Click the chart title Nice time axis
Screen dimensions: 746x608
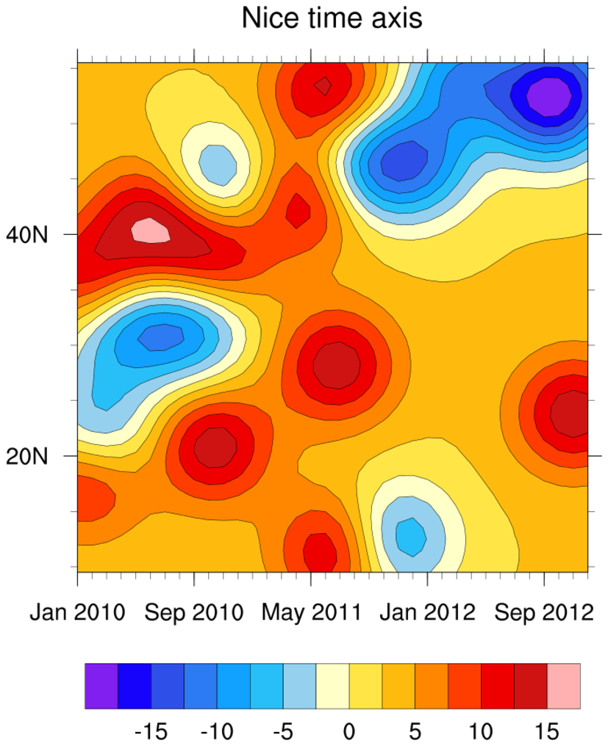(332, 18)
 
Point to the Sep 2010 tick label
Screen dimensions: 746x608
(194, 612)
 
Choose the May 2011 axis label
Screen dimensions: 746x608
(312, 612)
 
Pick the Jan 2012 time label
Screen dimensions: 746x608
(428, 612)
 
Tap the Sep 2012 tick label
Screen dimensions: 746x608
(543, 612)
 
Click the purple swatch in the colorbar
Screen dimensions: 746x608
(101, 686)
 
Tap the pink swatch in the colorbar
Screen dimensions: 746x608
(564, 686)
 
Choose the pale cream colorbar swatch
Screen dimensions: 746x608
(332, 686)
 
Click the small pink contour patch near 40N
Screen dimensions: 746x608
(151, 231)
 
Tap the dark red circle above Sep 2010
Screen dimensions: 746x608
(215, 446)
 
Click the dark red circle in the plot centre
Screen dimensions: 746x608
(337, 364)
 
